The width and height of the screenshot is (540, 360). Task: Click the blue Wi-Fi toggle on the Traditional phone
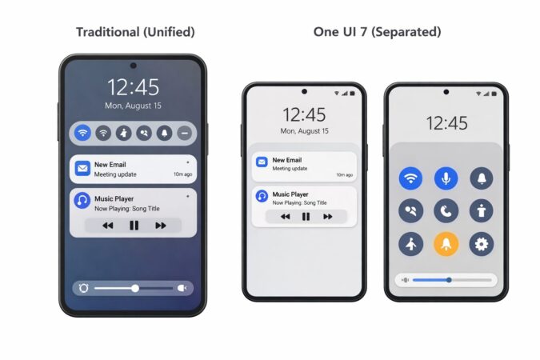[x=82, y=133]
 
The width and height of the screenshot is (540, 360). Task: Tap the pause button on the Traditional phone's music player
[x=134, y=226]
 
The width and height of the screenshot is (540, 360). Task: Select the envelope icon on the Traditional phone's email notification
[x=82, y=168]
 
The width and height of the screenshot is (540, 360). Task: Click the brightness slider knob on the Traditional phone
[x=135, y=288]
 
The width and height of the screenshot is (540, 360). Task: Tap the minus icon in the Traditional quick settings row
[x=185, y=133]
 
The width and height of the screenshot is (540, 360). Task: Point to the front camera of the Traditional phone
[x=133, y=65]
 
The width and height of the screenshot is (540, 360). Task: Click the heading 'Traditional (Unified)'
[x=134, y=32]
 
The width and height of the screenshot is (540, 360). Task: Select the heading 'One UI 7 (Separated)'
[x=377, y=32]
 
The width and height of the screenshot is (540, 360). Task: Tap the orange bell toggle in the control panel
[x=446, y=243]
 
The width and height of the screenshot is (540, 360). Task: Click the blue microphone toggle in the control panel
[x=446, y=178]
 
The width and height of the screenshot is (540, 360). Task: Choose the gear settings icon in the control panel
[x=482, y=243]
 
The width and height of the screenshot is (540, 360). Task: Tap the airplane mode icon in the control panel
[x=411, y=243]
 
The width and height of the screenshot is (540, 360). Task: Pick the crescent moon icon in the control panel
[x=446, y=210]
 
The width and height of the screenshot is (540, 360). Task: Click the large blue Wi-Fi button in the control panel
[x=411, y=178]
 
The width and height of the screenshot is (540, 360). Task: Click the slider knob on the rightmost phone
[x=449, y=280]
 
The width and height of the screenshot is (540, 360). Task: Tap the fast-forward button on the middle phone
[x=327, y=217]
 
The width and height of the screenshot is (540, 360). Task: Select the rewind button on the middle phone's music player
[x=284, y=217]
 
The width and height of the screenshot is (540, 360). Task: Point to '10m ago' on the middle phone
[x=345, y=174]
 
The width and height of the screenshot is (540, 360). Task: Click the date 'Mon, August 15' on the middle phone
[x=304, y=131]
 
